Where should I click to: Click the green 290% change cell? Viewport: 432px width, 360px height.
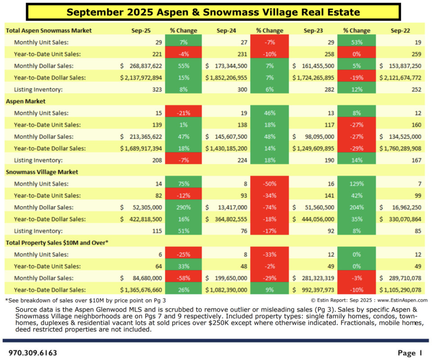183,207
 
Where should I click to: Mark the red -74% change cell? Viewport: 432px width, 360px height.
269,207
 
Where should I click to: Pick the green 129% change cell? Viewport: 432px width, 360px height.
356,184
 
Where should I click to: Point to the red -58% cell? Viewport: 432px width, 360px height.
183,278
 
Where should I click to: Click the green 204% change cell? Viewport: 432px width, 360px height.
356,207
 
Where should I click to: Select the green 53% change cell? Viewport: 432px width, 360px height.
356,42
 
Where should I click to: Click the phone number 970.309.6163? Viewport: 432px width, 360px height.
33,353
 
